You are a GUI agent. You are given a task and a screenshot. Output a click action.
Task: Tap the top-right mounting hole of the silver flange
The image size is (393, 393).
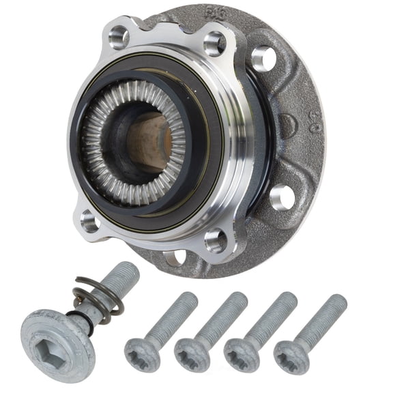214,44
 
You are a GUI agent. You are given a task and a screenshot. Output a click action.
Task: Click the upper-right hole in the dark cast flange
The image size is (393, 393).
263,59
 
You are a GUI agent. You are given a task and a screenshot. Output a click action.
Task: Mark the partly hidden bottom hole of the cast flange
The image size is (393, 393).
176,258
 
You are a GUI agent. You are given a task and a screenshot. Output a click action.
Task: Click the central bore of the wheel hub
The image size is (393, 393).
147,141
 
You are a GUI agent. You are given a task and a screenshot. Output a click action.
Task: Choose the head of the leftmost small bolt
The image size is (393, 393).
141,353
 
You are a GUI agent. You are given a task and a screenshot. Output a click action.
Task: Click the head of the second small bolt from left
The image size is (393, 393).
192,354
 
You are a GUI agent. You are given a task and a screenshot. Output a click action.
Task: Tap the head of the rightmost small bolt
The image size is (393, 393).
291,355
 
